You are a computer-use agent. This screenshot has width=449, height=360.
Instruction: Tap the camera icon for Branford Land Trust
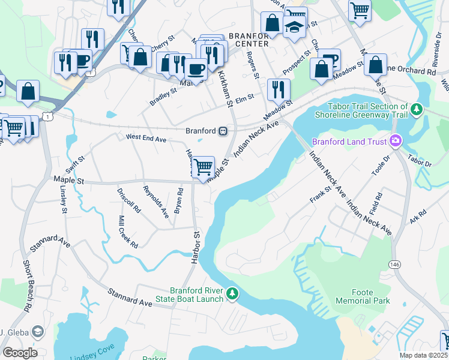click(396, 142)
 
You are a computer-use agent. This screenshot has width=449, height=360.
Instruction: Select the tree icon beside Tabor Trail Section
click(416, 110)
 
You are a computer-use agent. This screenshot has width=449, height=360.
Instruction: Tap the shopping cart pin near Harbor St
click(203, 166)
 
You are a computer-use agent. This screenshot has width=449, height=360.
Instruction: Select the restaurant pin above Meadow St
click(278, 89)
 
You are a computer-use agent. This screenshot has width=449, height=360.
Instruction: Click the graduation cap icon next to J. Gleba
click(38, 332)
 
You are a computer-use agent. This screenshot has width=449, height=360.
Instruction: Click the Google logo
click(19, 353)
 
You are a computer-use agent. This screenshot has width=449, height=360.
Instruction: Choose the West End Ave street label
click(146, 137)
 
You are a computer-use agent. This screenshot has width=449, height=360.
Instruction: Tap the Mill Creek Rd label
click(127, 232)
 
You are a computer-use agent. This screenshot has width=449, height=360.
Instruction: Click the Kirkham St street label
click(224, 88)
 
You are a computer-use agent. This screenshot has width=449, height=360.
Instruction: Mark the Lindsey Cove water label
click(91, 356)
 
